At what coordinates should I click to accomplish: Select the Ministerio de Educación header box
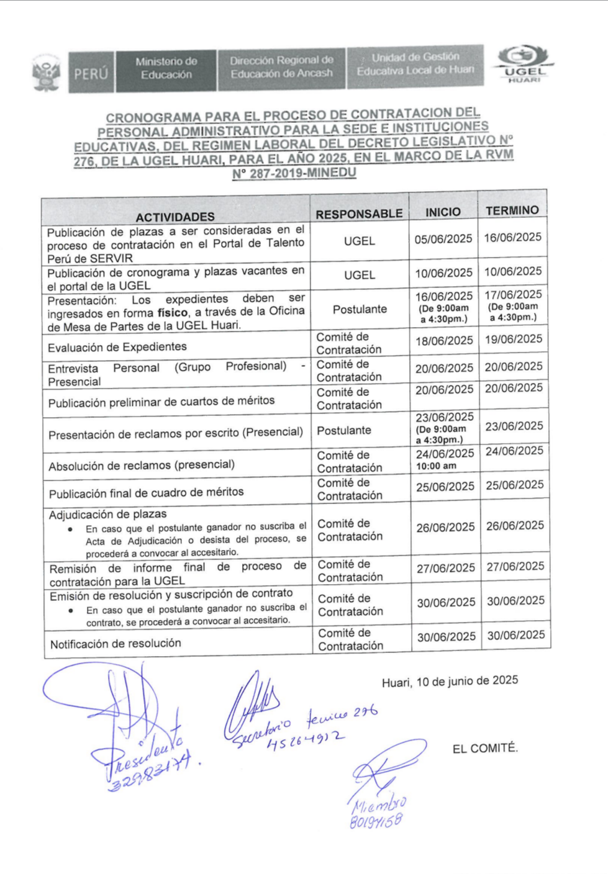click(166, 68)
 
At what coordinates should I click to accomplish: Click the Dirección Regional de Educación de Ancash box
click(281, 67)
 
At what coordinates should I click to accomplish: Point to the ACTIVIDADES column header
click(175, 217)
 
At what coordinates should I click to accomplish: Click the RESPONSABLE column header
click(359, 214)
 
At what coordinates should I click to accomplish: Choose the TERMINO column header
click(512, 210)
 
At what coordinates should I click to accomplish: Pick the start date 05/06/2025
click(443, 239)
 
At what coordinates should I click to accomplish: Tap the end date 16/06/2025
click(513, 237)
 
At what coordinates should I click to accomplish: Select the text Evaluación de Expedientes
click(117, 347)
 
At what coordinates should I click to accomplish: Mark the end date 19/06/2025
click(514, 339)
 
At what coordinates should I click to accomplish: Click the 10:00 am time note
click(436, 466)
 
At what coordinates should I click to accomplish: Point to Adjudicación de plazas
click(108, 515)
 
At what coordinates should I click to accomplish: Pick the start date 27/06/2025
click(445, 568)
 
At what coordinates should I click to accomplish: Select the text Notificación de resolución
click(116, 644)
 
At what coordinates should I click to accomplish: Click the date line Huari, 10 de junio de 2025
click(450, 682)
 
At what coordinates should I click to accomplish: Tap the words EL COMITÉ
click(485, 749)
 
